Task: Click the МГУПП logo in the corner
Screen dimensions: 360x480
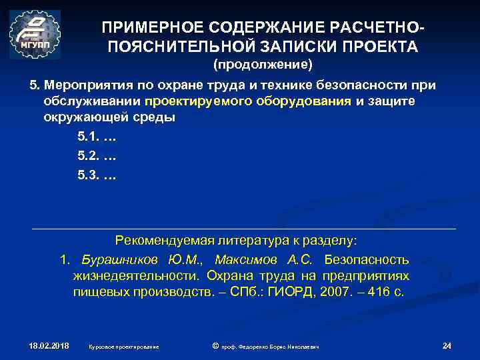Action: pyautogui.click(x=35, y=35)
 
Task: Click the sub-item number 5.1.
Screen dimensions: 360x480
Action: pyautogui.click(x=87, y=137)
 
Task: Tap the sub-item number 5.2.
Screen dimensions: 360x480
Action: pyautogui.click(x=87, y=157)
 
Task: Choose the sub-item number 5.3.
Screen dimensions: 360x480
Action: pyautogui.click(x=87, y=177)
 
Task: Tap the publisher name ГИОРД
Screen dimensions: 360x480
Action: pyautogui.click(x=286, y=291)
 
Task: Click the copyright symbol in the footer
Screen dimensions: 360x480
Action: pyautogui.click(x=215, y=345)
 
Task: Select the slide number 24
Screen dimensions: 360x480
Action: pyautogui.click(x=447, y=345)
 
